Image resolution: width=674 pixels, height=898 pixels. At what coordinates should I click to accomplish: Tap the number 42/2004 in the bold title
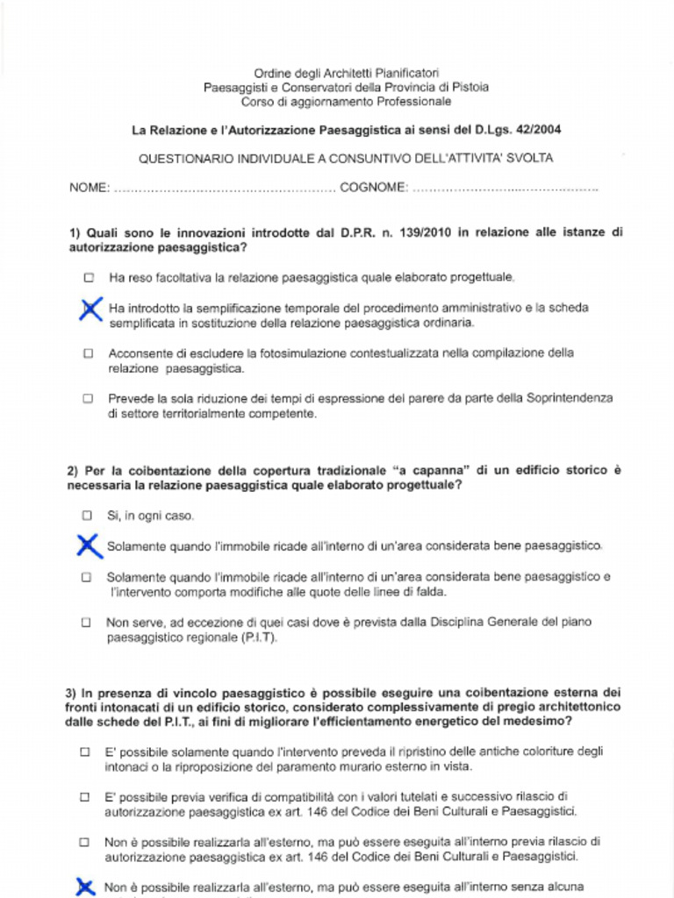click(533, 130)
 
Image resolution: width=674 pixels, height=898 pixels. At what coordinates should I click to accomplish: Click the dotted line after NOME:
click(224, 188)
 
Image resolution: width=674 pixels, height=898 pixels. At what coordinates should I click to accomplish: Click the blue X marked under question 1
click(89, 309)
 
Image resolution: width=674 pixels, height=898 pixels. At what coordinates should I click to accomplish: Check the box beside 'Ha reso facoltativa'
click(89, 277)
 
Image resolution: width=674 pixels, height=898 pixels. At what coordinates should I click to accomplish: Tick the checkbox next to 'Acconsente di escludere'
click(88, 353)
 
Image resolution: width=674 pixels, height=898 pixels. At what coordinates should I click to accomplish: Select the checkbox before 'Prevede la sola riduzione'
click(88, 398)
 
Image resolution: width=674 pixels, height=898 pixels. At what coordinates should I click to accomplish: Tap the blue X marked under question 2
click(87, 545)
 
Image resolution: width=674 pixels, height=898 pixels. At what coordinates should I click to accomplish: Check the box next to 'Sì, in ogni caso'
click(87, 516)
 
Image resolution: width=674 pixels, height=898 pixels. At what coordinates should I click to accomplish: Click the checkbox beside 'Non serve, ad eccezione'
click(86, 623)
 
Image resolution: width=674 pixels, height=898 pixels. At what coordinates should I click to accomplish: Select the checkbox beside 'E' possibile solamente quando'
click(85, 752)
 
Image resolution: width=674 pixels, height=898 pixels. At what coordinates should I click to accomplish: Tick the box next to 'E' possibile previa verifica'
click(85, 797)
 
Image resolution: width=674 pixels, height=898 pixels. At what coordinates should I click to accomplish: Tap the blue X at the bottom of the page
click(85, 887)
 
